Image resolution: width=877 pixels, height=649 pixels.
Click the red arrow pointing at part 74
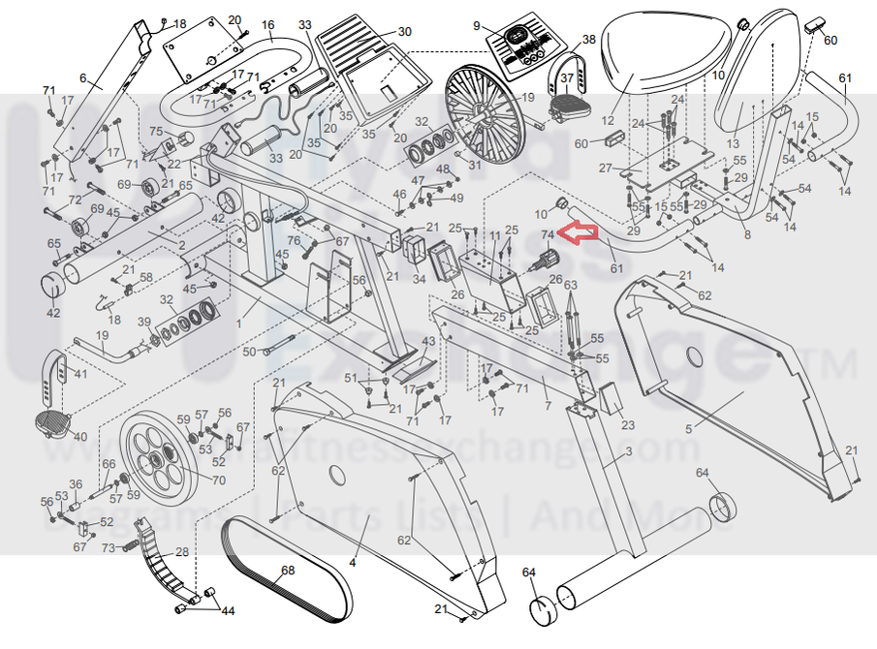pyautogui.click(x=581, y=233)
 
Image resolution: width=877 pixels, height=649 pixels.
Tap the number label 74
pyautogui.click(x=547, y=234)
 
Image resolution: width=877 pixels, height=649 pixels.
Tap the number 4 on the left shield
pyautogui.click(x=353, y=561)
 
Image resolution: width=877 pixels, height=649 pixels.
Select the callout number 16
pyautogui.click(x=268, y=24)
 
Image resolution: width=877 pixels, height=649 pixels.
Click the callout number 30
pyautogui.click(x=404, y=32)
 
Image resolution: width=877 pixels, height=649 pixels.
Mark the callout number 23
pyautogui.click(x=628, y=425)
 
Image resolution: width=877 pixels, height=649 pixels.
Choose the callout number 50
pyautogui.click(x=248, y=352)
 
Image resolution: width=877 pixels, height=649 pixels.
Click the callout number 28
pyautogui.click(x=181, y=552)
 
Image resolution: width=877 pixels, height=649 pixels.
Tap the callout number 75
pyautogui.click(x=154, y=132)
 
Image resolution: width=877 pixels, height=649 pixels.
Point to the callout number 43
pyautogui.click(x=427, y=342)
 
